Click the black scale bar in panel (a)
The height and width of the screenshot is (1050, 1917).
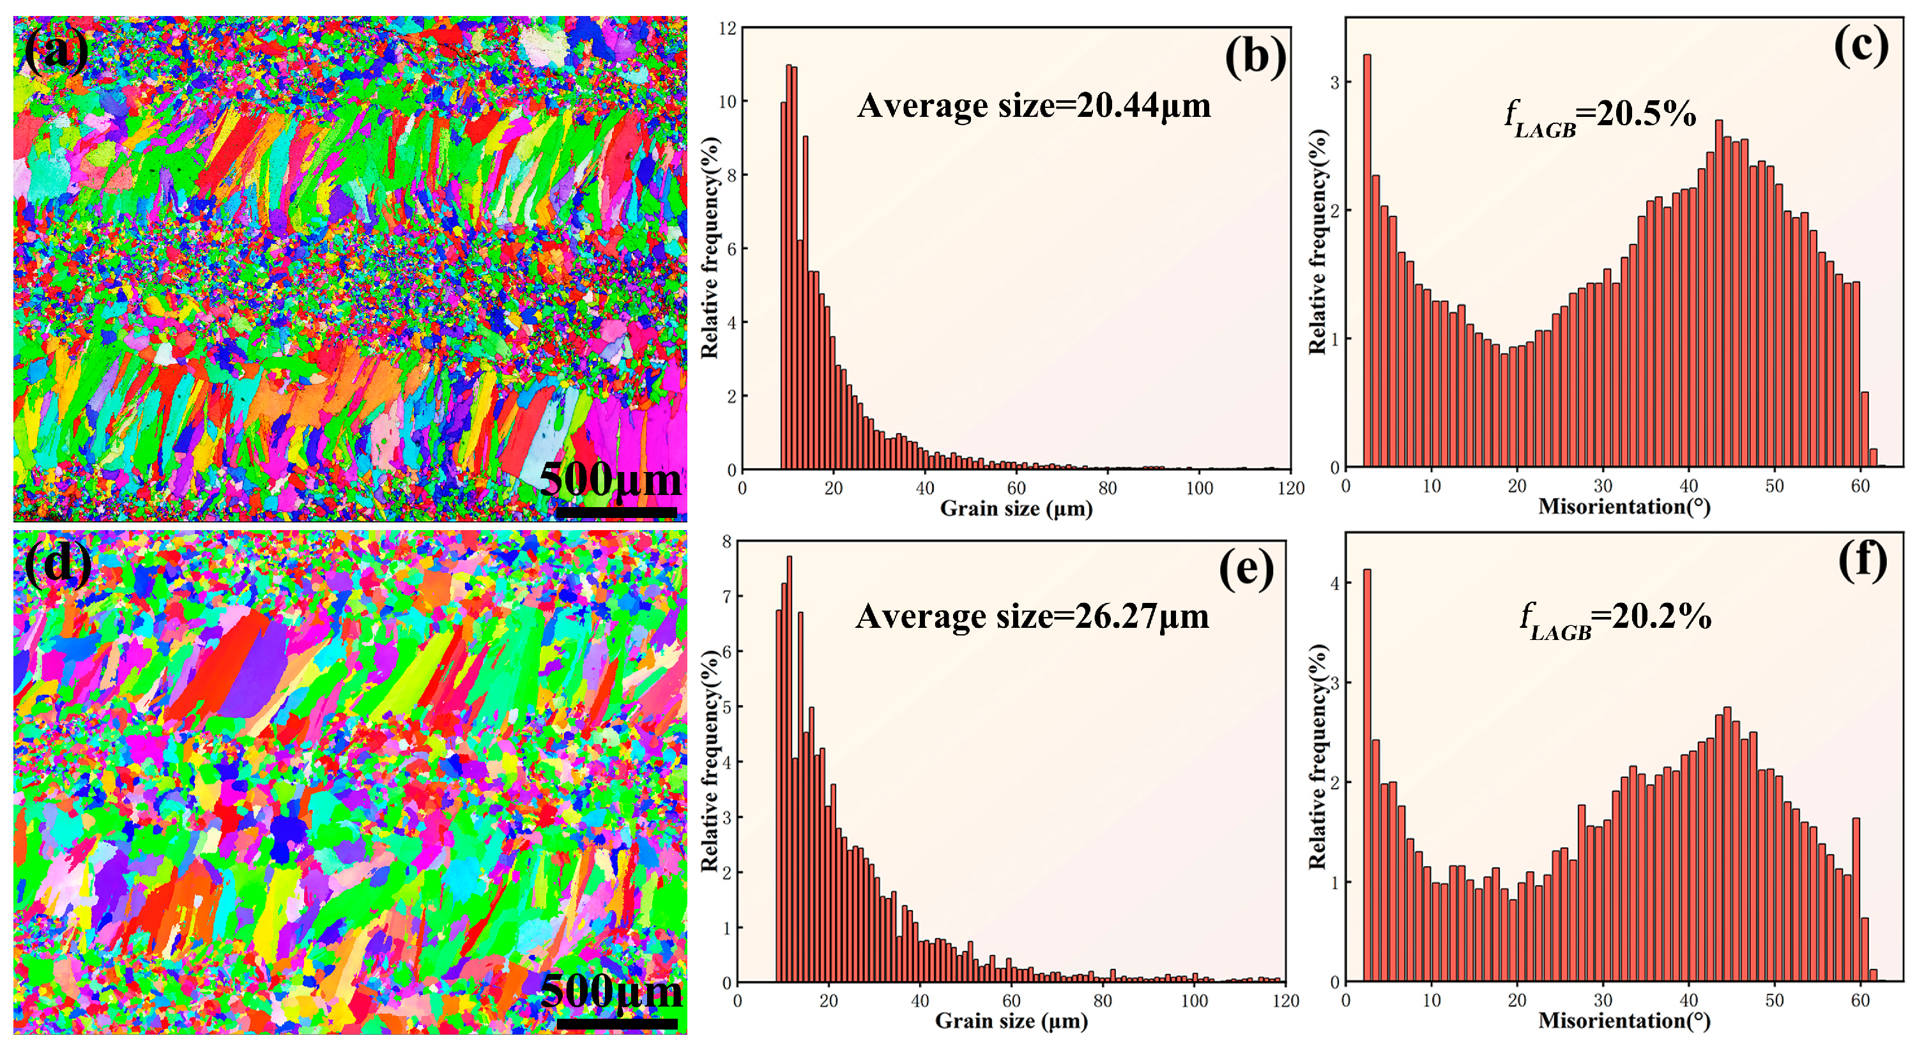coord(616,513)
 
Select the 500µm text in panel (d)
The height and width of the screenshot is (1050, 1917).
coord(610,991)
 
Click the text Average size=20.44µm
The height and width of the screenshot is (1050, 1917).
coord(1034,105)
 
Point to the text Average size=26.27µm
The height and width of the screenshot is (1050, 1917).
coord(1032,617)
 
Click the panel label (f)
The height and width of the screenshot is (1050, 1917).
coord(1862,561)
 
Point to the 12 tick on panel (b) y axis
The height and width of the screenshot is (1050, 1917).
coord(727,28)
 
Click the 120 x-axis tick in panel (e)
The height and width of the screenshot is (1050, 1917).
coord(1286,1001)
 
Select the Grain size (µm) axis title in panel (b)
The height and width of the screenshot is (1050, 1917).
coord(1016,509)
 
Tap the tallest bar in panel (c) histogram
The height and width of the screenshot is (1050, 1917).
coord(1367,261)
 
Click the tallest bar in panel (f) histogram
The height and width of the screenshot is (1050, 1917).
coord(1367,774)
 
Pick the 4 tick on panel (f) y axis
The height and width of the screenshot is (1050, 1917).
coord(1335,583)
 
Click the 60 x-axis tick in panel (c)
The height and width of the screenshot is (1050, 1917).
coord(1860,487)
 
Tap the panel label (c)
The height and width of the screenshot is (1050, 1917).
coord(1860,46)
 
